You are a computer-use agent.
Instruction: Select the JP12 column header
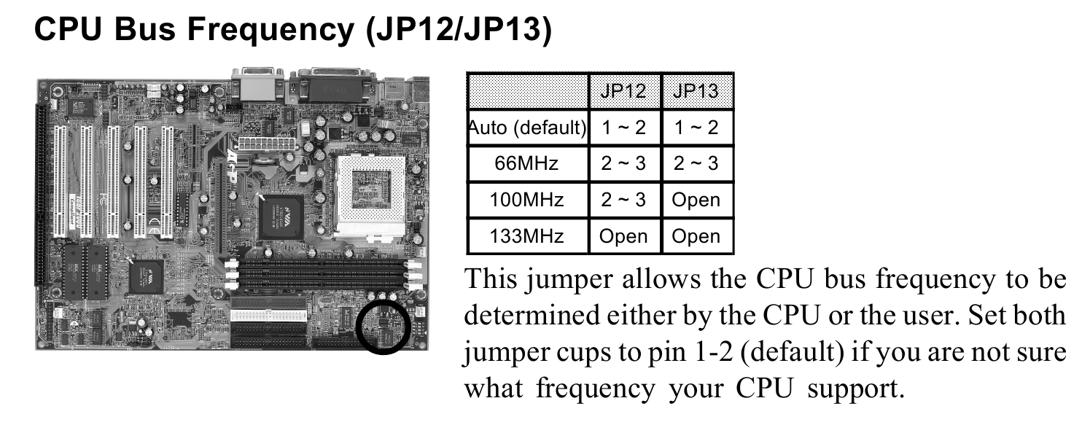tap(624, 91)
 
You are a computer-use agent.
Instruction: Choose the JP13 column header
tap(696, 91)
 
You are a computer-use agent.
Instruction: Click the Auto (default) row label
tap(527, 128)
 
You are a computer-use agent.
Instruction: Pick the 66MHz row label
tap(526, 163)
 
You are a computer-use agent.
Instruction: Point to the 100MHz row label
tap(526, 200)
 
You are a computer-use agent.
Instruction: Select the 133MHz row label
tap(526, 236)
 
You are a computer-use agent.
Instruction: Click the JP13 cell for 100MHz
tap(696, 200)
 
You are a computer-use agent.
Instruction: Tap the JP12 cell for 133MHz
tap(624, 236)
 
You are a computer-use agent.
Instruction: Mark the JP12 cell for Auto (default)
tap(624, 128)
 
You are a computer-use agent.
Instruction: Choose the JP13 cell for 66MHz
tap(696, 163)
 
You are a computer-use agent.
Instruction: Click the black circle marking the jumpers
tap(384, 327)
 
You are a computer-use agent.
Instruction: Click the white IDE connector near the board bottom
tap(269, 314)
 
